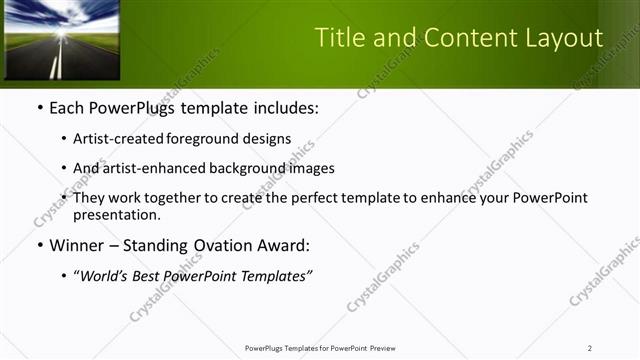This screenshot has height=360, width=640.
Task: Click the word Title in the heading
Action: [337, 38]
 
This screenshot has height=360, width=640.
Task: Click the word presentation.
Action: [116, 214]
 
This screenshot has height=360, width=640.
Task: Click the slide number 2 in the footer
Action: [589, 347]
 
